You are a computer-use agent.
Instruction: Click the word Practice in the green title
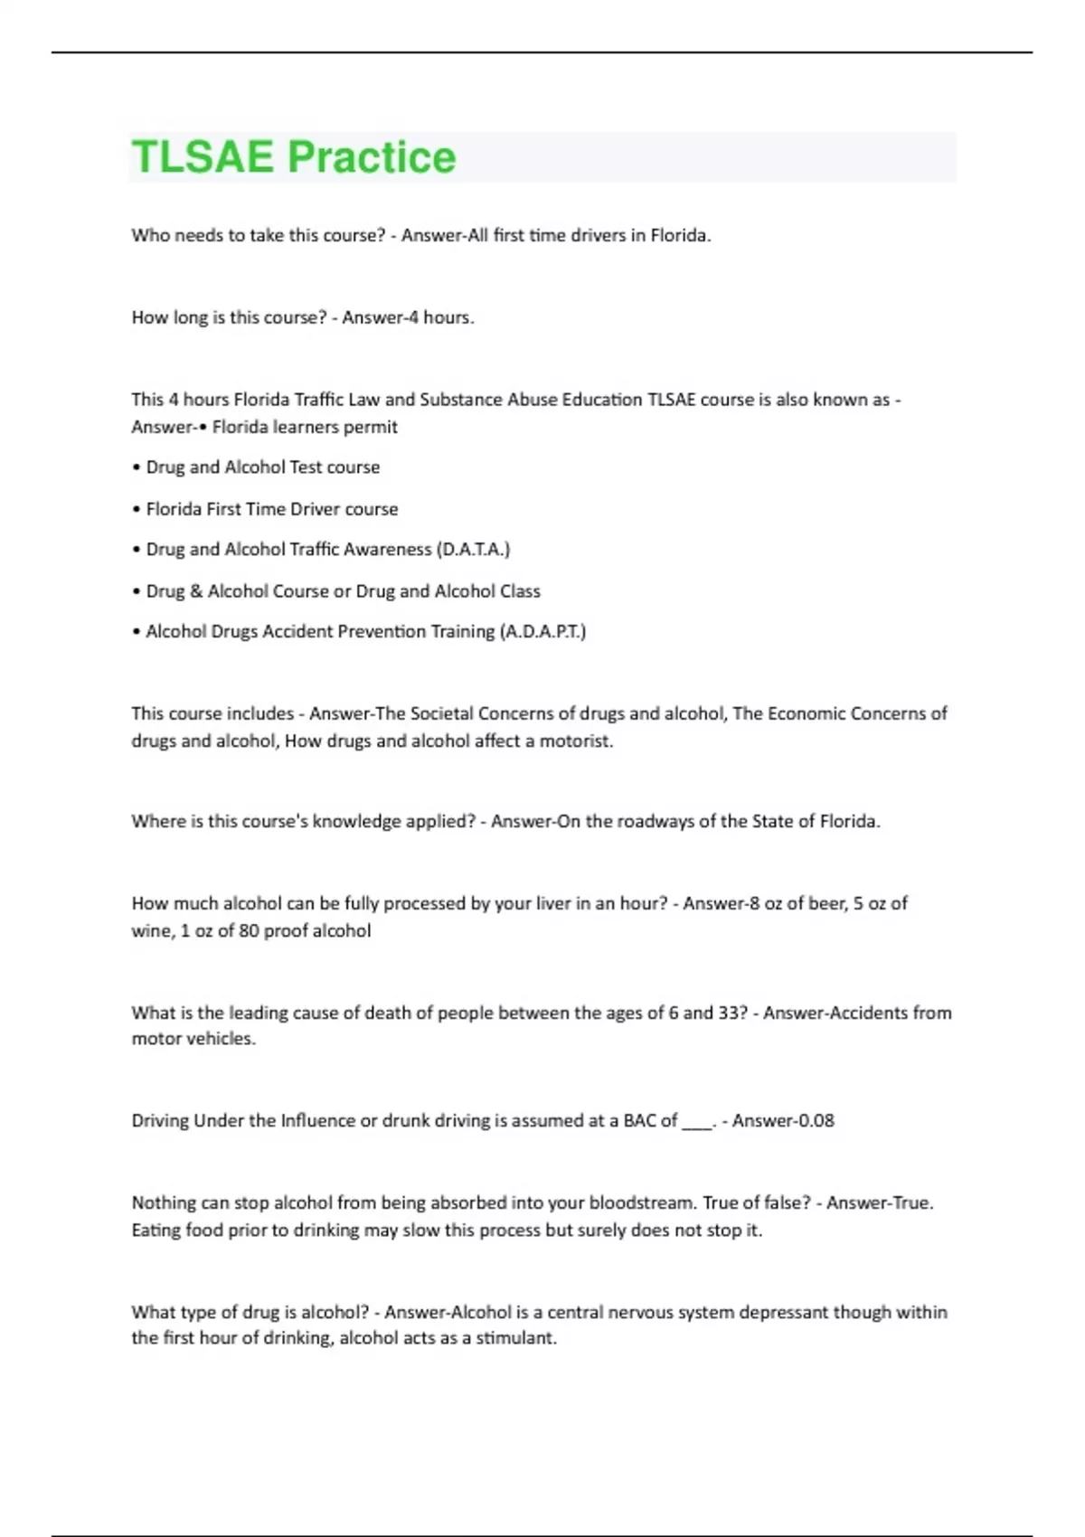click(372, 157)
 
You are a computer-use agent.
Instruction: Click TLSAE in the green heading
click(203, 157)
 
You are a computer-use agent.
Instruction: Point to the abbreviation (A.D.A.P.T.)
click(542, 631)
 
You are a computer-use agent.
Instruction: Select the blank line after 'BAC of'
click(697, 1122)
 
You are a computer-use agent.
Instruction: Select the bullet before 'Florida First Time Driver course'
click(137, 509)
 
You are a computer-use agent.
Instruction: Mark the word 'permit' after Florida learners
click(372, 427)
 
